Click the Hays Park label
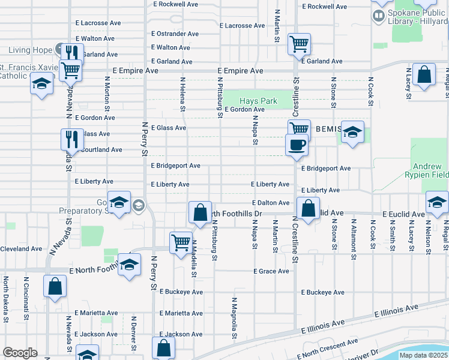258,101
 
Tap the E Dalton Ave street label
271,203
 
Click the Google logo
20,353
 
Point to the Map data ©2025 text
423,355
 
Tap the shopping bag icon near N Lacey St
424,75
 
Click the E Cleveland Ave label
20,248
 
